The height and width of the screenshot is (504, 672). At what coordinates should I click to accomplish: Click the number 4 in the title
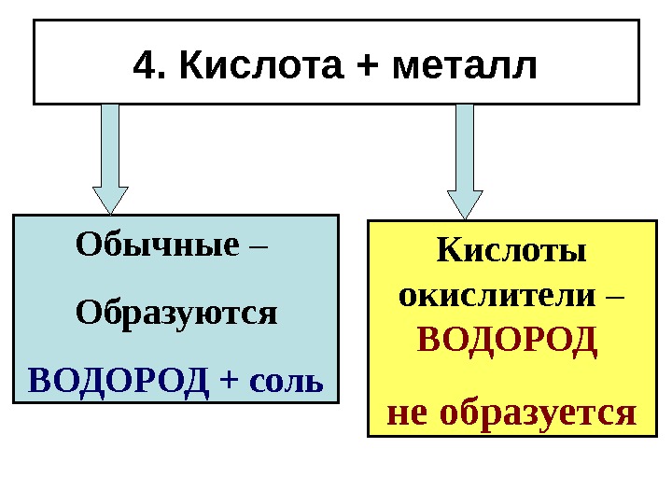tap(143, 66)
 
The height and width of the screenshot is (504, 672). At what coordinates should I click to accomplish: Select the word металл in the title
tap(466, 66)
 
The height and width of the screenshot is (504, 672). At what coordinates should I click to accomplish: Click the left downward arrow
tap(110, 154)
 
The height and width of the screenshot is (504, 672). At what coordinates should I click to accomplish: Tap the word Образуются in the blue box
tap(176, 311)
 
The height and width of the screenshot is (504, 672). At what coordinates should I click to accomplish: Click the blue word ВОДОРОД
tap(118, 380)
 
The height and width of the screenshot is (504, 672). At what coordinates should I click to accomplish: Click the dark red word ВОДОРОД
tap(506, 338)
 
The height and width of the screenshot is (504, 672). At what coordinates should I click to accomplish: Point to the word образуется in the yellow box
tap(537, 412)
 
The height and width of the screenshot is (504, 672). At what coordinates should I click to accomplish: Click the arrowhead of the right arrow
tap(465, 203)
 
